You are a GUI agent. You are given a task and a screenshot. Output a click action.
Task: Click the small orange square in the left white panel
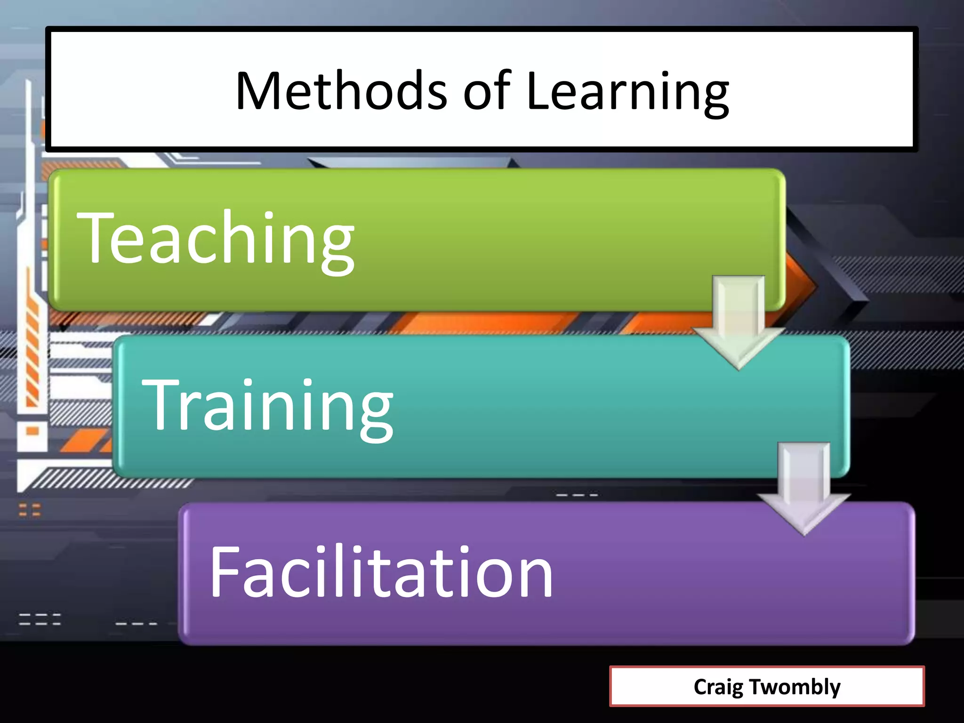tap(32, 431)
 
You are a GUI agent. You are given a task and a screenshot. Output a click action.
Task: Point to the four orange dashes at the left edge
tap(30, 510)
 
